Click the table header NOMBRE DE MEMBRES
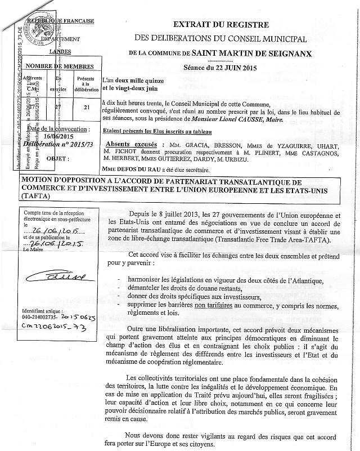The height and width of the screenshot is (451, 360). coord(58,66)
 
